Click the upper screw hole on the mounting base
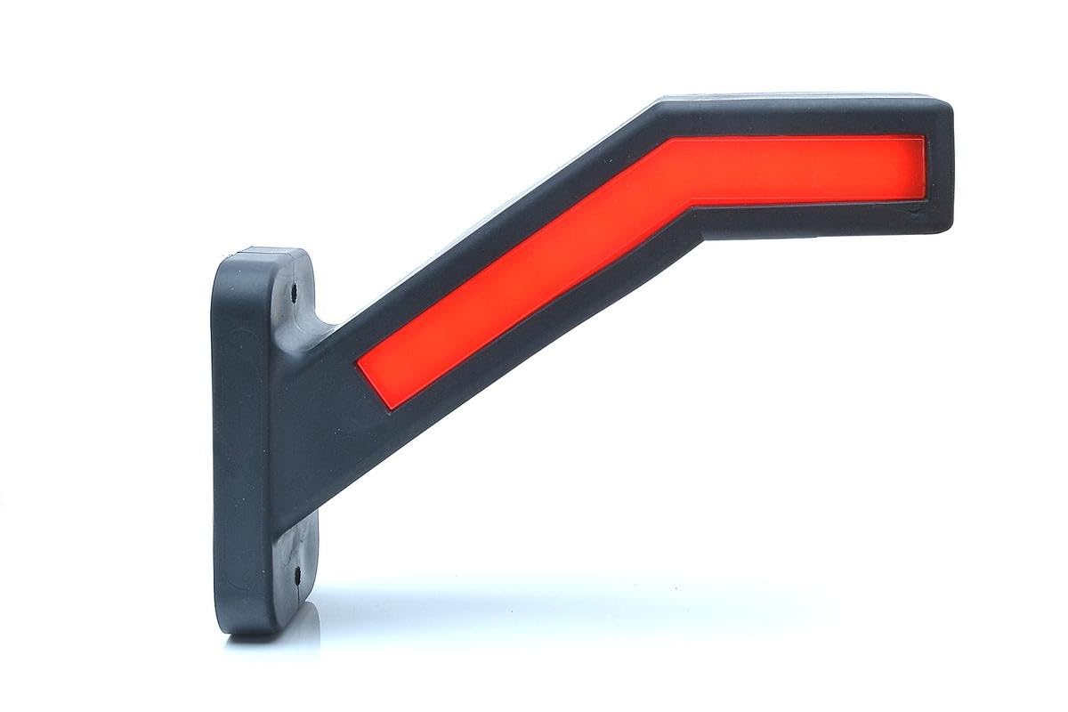pos(295,289)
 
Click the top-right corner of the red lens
pos(924,137)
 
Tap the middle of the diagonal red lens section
pos(525,276)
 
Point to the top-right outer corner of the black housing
pos(949,103)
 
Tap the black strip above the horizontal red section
pos(801,117)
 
